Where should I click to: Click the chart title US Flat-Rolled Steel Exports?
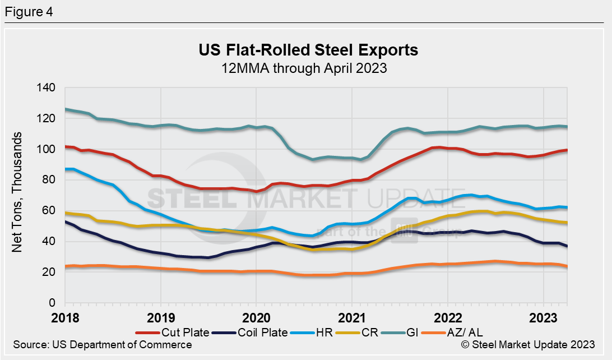tap(308, 50)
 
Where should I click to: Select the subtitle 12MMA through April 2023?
tap(308, 68)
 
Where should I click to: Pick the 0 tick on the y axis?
tap(54, 303)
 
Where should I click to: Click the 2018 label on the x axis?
tap(66, 317)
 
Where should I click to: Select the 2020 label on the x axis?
tap(256, 317)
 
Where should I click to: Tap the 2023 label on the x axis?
tap(543, 317)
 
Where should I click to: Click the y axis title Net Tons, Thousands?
tap(18, 192)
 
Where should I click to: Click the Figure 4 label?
tap(29, 11)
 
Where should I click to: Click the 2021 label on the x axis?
tap(351, 317)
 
